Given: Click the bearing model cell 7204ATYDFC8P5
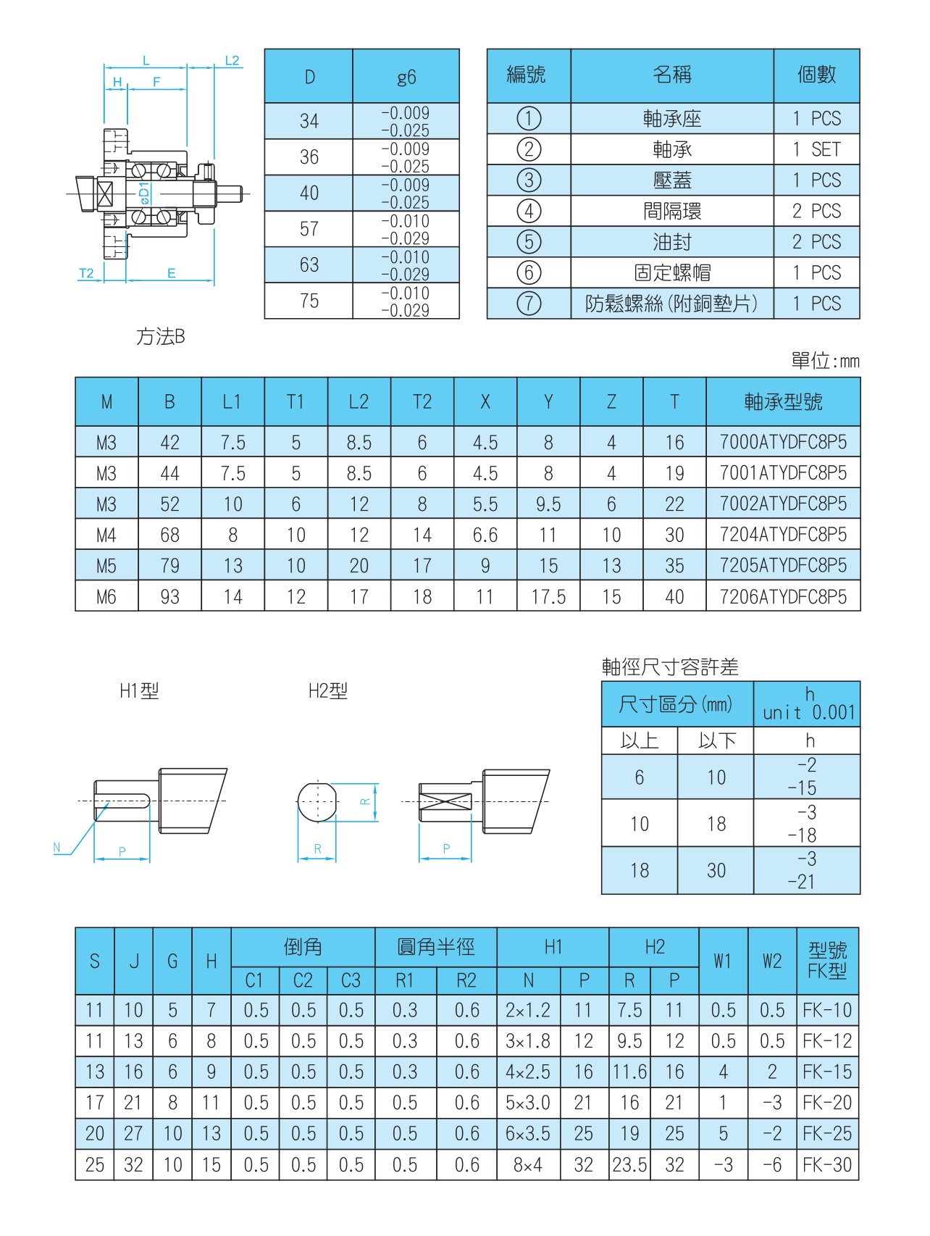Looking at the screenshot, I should [783, 535].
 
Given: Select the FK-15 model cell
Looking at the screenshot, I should [827, 1072].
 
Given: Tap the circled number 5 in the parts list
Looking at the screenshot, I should [529, 242].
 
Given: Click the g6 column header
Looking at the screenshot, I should [406, 77].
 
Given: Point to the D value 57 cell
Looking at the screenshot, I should [309, 229].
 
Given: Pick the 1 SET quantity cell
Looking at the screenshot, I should [816, 149].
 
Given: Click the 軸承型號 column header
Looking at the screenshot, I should [783, 402].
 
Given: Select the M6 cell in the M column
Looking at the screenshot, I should [106, 596].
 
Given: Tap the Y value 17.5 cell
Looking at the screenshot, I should [548, 596].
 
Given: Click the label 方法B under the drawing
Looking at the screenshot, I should [161, 337].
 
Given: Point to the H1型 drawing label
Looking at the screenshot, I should [139, 691].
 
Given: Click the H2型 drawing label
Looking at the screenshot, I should [328, 691].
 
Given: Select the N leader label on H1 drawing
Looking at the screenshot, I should [57, 847].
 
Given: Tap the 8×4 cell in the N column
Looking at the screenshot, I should [528, 1164].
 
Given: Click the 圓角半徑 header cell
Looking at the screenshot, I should [436, 947].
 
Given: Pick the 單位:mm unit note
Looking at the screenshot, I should [825, 361].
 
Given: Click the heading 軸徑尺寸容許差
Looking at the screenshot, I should [670, 667].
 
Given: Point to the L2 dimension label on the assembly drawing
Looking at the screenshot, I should [232, 61].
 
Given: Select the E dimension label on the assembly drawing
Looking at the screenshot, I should [172, 273].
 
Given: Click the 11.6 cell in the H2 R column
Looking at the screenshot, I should [629, 1072].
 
